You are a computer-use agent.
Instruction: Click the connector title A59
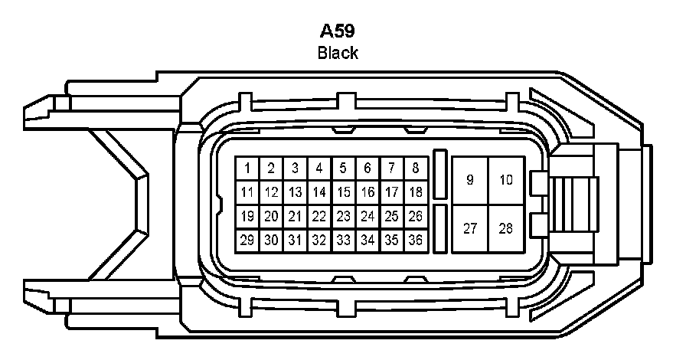[338, 32]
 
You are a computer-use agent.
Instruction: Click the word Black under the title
[338, 53]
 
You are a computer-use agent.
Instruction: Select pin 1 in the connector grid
[247, 168]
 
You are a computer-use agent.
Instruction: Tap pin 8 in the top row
[416, 168]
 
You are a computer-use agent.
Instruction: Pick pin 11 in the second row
[247, 192]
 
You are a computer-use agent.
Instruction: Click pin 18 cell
[416, 192]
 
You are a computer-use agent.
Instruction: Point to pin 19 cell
[247, 216]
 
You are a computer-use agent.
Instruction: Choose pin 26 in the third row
[416, 216]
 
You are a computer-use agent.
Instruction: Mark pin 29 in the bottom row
[247, 240]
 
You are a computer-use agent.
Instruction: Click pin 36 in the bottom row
[416, 240]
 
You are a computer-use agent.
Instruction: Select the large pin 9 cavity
[470, 180]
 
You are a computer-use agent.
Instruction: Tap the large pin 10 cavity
[506, 180]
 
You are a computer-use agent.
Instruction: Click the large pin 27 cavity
[470, 228]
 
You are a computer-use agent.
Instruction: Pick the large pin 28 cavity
[506, 228]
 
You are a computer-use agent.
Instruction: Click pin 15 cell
[344, 192]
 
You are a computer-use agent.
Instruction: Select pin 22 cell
[319, 216]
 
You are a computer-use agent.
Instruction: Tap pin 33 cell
[344, 240]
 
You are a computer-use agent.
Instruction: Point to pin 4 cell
[319, 168]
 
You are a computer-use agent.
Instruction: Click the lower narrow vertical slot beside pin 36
[440, 228]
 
